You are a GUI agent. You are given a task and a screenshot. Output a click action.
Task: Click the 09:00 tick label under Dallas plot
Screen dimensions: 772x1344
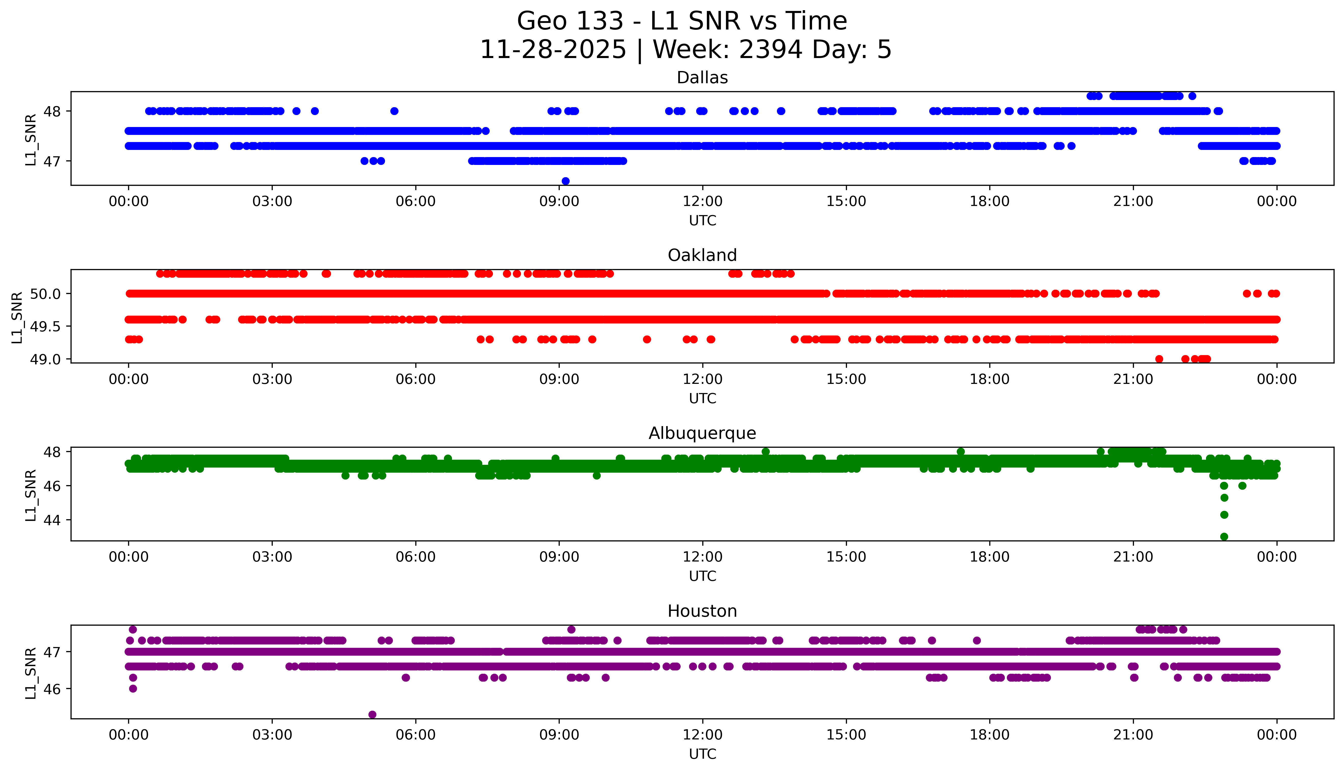pyautogui.click(x=559, y=202)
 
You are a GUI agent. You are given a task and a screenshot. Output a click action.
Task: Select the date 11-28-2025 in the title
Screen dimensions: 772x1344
pyautogui.click(x=553, y=50)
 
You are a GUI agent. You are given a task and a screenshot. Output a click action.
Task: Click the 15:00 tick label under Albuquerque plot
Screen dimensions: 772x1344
pyautogui.click(x=846, y=557)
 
